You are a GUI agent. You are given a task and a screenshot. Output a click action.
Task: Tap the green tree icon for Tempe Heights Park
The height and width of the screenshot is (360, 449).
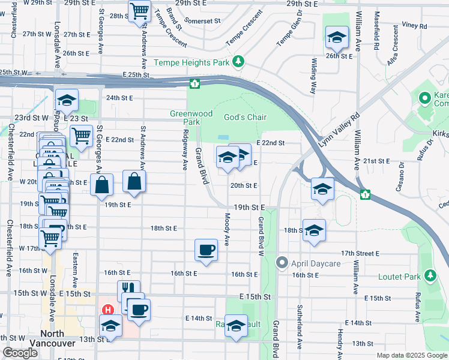coord(239,61)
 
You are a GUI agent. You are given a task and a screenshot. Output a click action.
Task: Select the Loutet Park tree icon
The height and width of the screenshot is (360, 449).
coord(430,275)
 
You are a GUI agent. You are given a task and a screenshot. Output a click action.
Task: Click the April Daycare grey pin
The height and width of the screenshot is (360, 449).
coord(282,263)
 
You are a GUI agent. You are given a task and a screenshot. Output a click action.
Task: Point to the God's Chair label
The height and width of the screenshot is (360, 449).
coord(245,117)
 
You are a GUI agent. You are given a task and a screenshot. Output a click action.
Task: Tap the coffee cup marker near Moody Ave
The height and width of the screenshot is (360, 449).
coord(206,249)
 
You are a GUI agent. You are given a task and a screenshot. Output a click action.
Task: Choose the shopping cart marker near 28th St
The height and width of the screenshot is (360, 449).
coord(140,11)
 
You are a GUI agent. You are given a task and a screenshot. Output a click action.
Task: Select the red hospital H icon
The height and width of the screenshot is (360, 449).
coord(108,310)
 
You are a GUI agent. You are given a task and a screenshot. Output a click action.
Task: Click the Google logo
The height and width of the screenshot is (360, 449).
coord(20,353)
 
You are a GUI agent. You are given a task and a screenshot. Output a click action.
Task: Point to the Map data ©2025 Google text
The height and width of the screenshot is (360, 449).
coord(411,355)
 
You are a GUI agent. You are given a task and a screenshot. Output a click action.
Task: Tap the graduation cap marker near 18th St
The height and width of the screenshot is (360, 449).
coord(314,230)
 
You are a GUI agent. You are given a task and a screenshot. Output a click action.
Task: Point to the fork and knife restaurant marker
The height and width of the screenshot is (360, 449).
coord(128,290)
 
